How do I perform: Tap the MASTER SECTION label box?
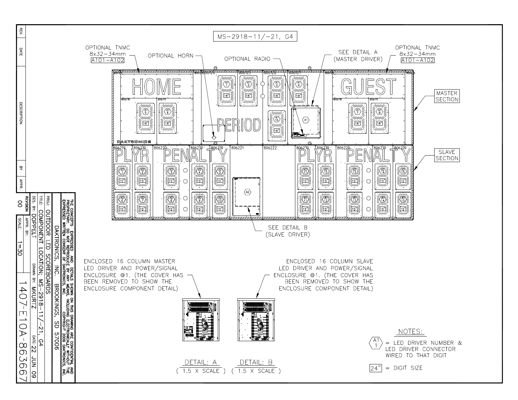[447, 96]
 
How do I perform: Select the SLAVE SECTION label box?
[447, 155]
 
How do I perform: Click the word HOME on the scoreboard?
[157, 87]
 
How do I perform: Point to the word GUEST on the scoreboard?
[368, 87]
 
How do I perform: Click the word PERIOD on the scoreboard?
[239, 125]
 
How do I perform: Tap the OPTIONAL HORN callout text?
[170, 56]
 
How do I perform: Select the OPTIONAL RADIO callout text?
[247, 59]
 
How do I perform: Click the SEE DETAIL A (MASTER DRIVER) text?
[358, 56]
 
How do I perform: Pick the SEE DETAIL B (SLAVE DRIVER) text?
[288, 231]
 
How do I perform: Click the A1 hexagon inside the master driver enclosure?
[306, 120]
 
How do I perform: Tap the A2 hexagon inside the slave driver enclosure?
[247, 192]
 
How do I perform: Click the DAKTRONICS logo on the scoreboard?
[134, 142]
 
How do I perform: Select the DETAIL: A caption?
[201, 362]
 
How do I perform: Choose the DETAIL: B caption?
[256, 362]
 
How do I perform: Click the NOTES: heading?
[410, 332]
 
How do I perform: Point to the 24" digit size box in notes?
[376, 368]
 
